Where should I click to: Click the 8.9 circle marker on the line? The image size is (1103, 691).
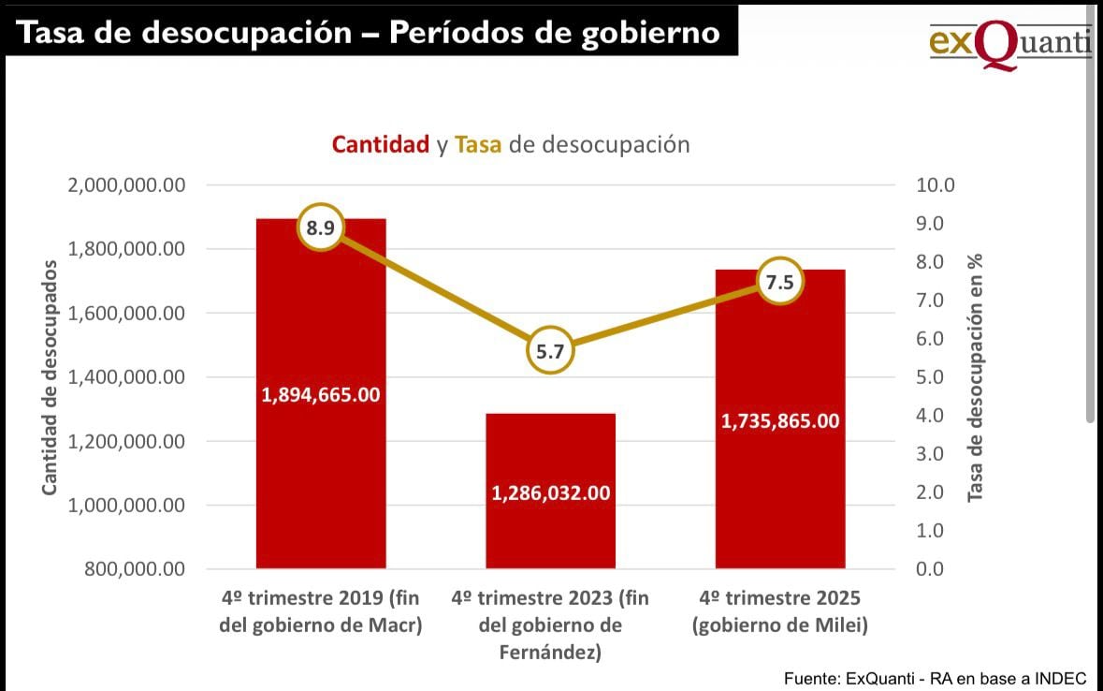[x=321, y=228]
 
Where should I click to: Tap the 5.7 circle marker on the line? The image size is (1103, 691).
[x=550, y=351]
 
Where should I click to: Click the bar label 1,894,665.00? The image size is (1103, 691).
[x=321, y=395]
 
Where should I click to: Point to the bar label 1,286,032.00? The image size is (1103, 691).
[x=551, y=493]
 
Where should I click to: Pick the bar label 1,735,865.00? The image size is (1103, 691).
[x=780, y=421]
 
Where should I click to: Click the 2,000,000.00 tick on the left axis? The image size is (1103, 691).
[x=127, y=185]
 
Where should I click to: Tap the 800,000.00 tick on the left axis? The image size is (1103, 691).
[x=135, y=569]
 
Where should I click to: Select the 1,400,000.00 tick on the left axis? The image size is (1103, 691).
[x=127, y=377]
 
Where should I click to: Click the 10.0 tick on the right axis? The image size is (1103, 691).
[x=936, y=185]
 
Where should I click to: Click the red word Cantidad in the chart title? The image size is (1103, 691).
[x=381, y=145]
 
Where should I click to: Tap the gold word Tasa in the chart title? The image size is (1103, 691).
[x=478, y=145]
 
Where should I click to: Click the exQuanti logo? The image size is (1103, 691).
[x=1009, y=42]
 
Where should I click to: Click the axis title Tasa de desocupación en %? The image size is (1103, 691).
[x=976, y=377]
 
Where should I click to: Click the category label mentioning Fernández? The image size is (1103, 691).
[x=550, y=625]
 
